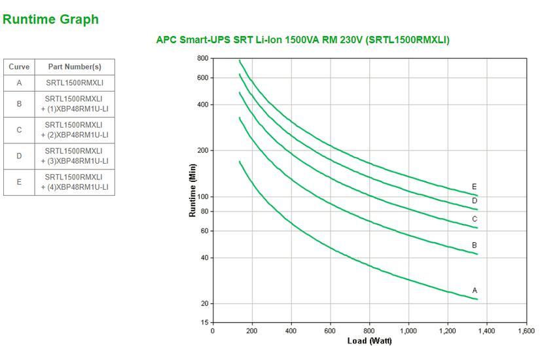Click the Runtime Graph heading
point(50,20)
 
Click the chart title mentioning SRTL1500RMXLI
point(302,40)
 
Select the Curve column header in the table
point(19,67)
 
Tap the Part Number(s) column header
point(74,67)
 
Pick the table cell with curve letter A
point(19,83)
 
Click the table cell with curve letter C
point(19,130)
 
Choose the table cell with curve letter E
point(19,182)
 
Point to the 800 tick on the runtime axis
point(202,59)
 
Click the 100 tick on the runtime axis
point(202,197)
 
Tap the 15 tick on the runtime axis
point(204,323)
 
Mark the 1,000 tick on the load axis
point(408,331)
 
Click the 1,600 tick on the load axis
point(526,331)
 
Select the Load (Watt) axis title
point(369,341)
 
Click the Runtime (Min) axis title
point(192,190)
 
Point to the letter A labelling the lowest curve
point(475,290)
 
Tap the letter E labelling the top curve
point(475,187)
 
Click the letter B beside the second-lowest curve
point(475,245)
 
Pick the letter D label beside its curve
point(475,201)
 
